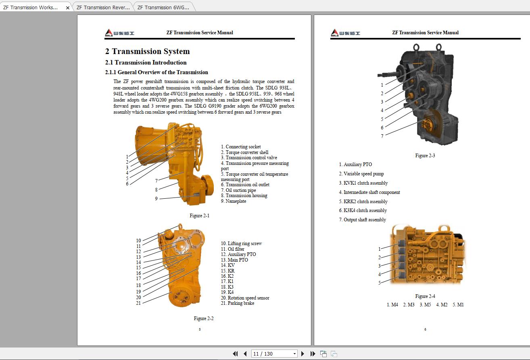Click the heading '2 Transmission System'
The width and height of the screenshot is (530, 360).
click(x=147, y=51)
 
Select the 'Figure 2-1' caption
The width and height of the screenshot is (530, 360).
click(x=199, y=216)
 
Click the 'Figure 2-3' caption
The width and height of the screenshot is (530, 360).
click(x=425, y=156)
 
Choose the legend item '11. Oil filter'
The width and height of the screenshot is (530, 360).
click(x=232, y=249)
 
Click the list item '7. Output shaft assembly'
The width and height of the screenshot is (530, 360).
click(x=362, y=220)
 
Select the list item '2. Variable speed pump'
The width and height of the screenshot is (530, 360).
click(x=361, y=174)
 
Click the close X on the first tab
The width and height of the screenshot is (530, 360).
click(x=68, y=8)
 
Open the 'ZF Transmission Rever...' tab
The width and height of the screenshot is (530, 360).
click(x=103, y=7)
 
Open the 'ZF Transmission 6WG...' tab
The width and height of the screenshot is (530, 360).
click(x=163, y=7)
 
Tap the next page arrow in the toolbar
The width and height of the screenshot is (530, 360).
click(x=303, y=354)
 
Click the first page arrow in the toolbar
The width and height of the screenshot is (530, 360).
click(x=235, y=354)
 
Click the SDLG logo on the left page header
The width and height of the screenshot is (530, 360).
click(x=119, y=33)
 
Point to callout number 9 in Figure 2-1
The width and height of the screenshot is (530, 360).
click(x=156, y=199)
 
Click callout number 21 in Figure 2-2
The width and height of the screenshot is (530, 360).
click(x=138, y=303)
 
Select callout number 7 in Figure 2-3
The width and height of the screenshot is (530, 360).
click(x=382, y=136)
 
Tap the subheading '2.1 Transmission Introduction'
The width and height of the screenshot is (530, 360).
click(x=146, y=62)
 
